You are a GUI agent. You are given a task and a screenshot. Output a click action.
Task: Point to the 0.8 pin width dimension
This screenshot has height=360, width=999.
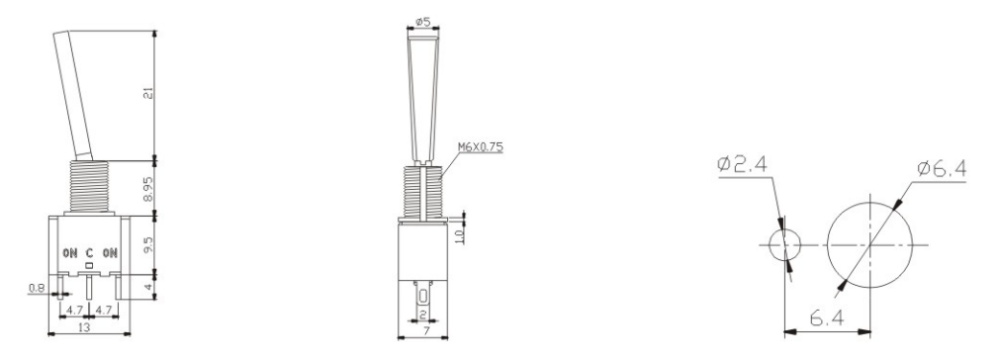click(36, 288)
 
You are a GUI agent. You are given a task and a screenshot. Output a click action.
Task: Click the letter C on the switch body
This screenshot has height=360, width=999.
click(89, 252)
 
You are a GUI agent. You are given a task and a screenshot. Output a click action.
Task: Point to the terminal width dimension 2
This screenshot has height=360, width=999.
click(423, 314)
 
